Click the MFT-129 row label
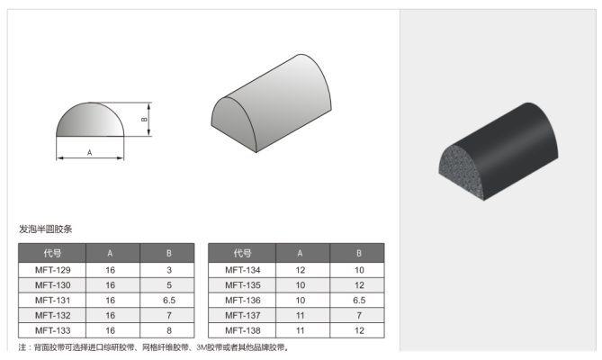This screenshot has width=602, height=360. pyautogui.click(x=52, y=270)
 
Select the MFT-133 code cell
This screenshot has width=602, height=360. pyautogui.click(x=52, y=330)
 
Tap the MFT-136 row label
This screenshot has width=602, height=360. pyautogui.click(x=243, y=300)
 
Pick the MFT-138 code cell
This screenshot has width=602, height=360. pyautogui.click(x=243, y=330)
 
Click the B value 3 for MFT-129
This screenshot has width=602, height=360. pyautogui.click(x=169, y=270)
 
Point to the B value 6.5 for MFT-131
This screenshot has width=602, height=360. pyautogui.click(x=169, y=300)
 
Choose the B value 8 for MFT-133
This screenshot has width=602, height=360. pyautogui.click(x=169, y=330)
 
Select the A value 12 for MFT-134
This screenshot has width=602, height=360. pyautogui.click(x=301, y=270)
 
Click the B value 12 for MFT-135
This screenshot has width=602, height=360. pyautogui.click(x=359, y=285)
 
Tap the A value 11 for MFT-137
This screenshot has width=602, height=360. pyautogui.click(x=301, y=316)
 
